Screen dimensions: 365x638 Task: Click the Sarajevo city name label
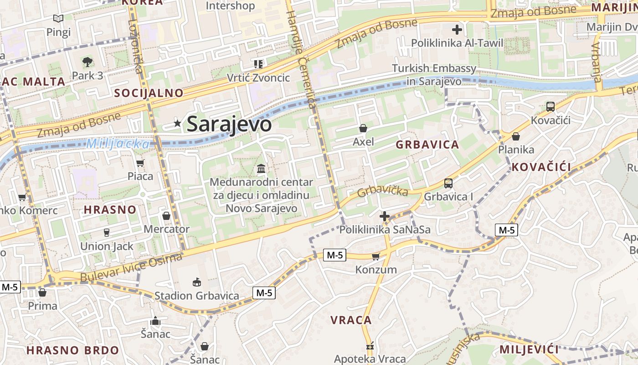229,124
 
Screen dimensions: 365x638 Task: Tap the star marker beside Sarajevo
177,123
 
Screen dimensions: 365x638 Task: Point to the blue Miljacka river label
118,144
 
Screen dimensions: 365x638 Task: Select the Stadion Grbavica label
196,296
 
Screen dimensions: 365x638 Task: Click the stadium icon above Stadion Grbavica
196,282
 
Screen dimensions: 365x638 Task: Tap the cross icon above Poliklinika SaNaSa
385,216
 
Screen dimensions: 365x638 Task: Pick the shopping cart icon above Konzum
376,256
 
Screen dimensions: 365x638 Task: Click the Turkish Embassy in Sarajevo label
434,75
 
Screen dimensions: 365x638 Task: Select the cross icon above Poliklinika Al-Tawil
457,30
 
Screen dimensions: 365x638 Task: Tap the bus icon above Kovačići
551,107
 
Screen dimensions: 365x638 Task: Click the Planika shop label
516,150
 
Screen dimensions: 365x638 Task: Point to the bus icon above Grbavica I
448,183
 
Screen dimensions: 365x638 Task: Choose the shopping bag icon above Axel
363,128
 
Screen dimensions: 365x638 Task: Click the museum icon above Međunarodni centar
262,169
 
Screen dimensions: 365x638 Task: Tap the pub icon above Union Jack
107,233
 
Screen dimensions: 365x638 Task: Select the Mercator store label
167,229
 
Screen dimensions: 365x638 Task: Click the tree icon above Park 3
87,62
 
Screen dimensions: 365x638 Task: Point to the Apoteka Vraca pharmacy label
370,359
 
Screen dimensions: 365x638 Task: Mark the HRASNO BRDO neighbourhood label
72,350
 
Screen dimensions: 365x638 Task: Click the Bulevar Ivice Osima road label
131,268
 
